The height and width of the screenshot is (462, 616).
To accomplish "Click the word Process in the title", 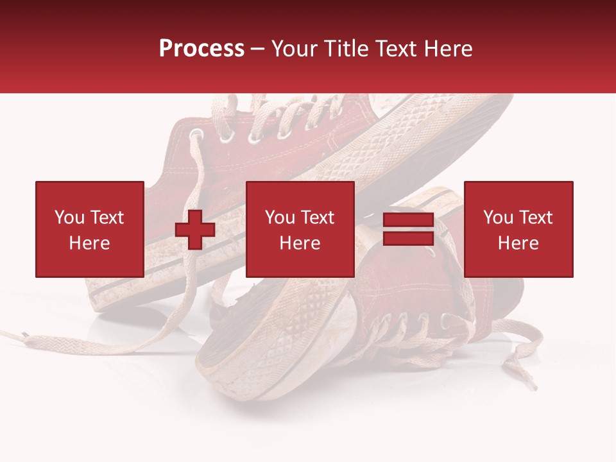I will click(x=201, y=49).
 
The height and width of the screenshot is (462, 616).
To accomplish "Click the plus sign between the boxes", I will click(x=195, y=230).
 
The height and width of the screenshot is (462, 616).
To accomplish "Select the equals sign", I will click(x=408, y=230).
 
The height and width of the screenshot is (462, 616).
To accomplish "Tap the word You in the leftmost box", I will click(x=69, y=218).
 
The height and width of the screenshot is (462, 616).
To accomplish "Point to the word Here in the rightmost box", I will click(x=518, y=243).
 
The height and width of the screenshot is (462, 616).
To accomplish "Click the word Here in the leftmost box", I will click(x=89, y=243).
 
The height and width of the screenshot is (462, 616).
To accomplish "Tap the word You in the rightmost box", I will click(x=497, y=218).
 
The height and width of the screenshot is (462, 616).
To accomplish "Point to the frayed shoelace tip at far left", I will click(x=19, y=334).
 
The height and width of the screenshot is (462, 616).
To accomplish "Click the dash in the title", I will click(x=258, y=49).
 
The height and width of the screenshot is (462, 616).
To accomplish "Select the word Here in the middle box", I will click(x=300, y=243).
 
